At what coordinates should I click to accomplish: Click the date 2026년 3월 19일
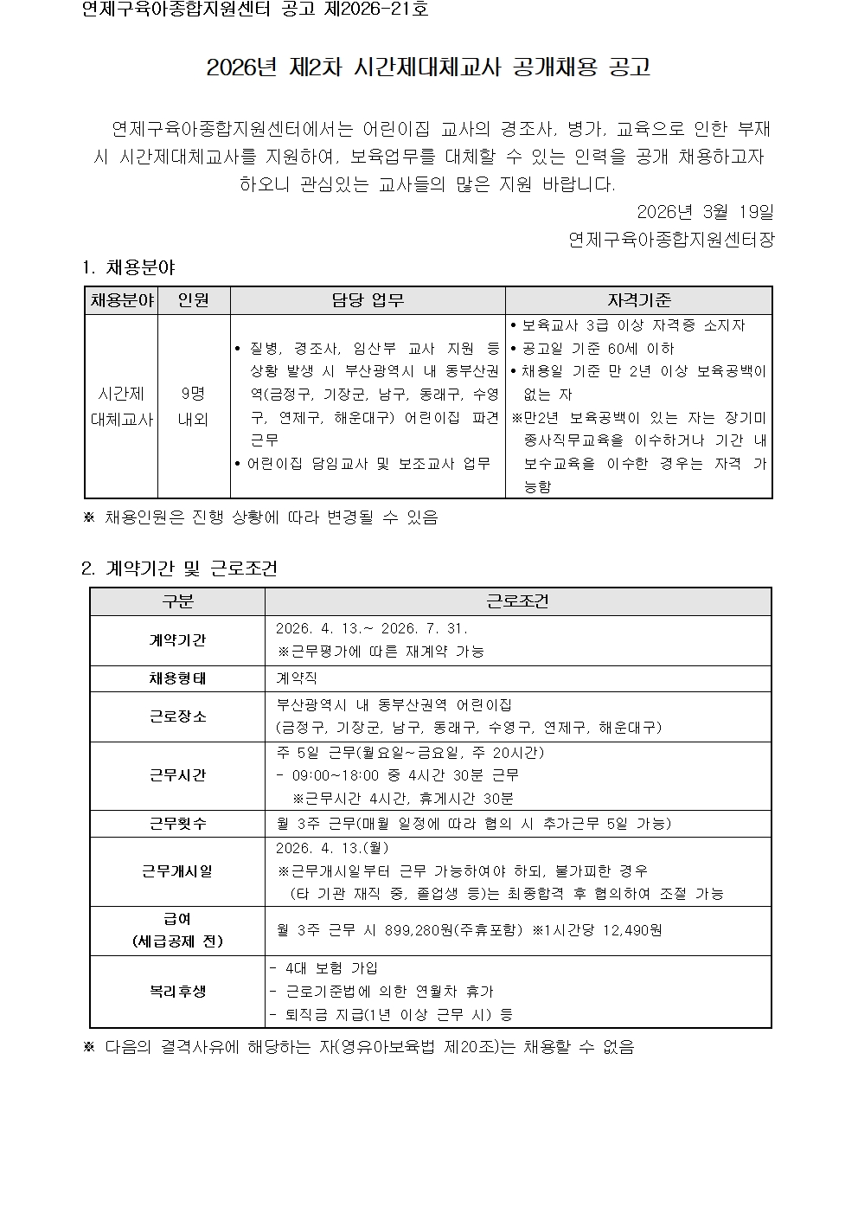(x=704, y=212)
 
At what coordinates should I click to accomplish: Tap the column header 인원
(x=193, y=300)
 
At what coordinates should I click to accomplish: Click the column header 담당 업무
(x=368, y=300)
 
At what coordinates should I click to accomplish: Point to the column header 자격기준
(x=638, y=300)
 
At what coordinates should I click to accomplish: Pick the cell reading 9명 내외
(x=193, y=406)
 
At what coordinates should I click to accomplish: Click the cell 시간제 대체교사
(x=121, y=406)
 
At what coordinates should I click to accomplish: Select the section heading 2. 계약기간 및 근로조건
(x=179, y=568)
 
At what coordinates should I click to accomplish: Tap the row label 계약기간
(x=177, y=640)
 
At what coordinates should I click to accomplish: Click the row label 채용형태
(x=177, y=678)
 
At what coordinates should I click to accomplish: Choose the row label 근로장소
(x=177, y=716)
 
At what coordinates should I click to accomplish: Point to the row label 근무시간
(x=177, y=775)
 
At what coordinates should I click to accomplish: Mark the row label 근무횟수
(x=177, y=824)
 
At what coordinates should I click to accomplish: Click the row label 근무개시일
(x=177, y=871)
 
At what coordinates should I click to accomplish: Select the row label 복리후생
(x=177, y=992)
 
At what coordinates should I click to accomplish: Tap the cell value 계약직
(x=297, y=679)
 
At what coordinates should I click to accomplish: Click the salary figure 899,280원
(x=409, y=930)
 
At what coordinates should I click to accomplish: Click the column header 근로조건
(x=517, y=601)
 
